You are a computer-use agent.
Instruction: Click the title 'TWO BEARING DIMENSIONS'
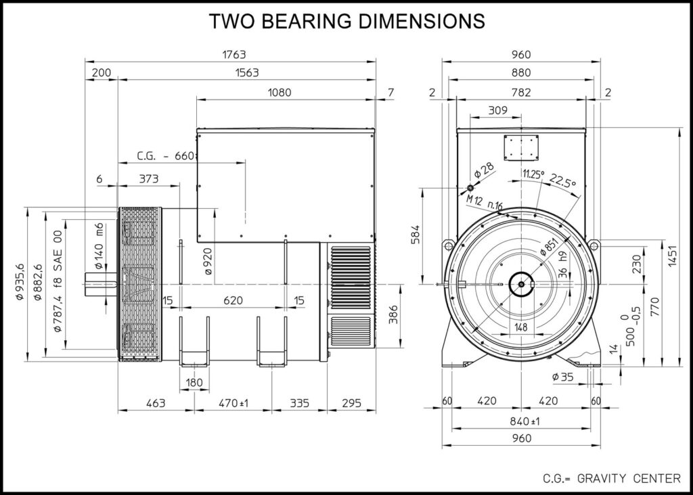pos(347,21)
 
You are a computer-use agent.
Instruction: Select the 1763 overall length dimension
pos(231,54)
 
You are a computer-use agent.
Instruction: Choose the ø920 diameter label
pos(208,260)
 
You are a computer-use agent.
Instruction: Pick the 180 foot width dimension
pos(194,383)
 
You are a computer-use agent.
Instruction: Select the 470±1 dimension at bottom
pos(233,403)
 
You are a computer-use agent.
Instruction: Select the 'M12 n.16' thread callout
pos(484,202)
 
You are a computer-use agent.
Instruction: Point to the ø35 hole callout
pos(562,377)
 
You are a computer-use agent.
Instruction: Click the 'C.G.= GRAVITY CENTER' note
pos(611,479)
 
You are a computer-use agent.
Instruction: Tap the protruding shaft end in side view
pos(101,283)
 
